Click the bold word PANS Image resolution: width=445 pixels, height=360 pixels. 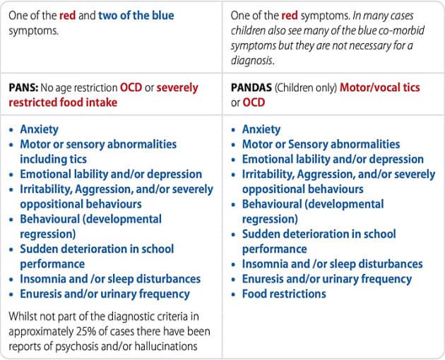click(24, 88)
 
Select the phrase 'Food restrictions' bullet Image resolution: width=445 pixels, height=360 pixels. click(284, 294)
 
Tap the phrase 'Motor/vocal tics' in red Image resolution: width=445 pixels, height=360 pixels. click(380, 88)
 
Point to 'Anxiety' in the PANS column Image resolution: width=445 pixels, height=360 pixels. click(39, 129)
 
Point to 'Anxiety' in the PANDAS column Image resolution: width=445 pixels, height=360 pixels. click(261, 129)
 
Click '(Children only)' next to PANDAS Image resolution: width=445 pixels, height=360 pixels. click(310, 88)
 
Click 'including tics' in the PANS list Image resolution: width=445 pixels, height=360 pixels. click(54, 159)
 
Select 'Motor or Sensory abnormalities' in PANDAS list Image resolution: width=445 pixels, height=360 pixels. click(321, 144)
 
